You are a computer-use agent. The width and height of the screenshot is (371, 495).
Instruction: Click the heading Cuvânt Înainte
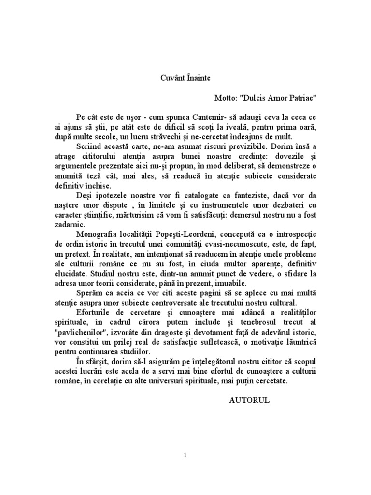(x=185, y=77)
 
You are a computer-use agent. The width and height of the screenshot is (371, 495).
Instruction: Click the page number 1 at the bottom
(x=185, y=455)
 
